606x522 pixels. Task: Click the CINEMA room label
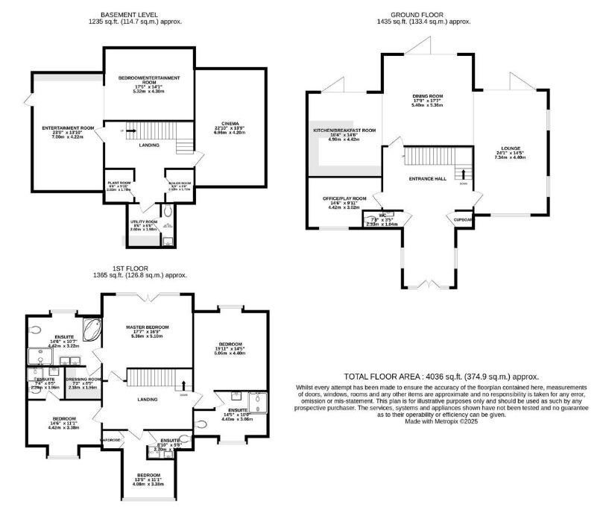(x=230, y=123)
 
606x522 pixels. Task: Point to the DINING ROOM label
(x=428, y=96)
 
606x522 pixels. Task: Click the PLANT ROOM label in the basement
(x=119, y=183)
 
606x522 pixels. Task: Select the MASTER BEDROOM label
(x=147, y=327)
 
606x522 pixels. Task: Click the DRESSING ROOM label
(x=83, y=379)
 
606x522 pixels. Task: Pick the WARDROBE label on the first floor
(x=111, y=438)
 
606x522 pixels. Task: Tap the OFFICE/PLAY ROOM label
(x=344, y=198)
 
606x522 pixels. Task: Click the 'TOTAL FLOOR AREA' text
(x=441, y=377)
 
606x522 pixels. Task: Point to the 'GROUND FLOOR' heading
(x=423, y=14)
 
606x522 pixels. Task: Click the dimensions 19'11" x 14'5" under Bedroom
(x=230, y=348)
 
